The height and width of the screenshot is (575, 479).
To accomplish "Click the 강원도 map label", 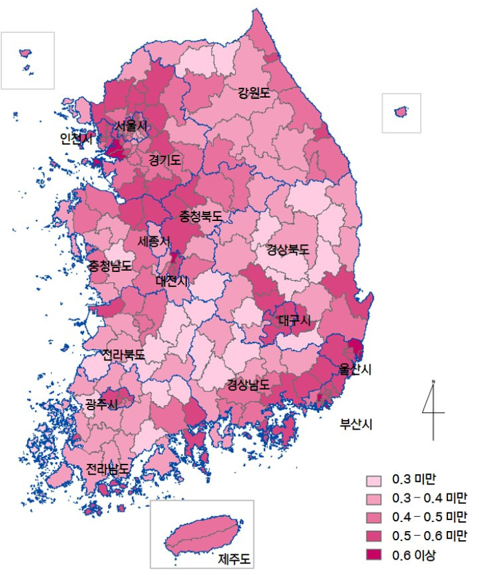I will tap(253, 93).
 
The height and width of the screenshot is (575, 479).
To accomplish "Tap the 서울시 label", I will tap(131, 126).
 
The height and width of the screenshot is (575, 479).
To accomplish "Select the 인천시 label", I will tap(76, 139).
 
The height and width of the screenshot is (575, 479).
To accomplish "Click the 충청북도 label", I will tap(200, 216).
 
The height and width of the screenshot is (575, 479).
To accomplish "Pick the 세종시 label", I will tap(154, 241).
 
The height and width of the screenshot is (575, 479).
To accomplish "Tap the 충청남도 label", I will tap(110, 266).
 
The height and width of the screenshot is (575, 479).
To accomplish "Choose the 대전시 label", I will tap(172, 281).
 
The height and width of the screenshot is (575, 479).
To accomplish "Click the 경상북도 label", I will tap(288, 250).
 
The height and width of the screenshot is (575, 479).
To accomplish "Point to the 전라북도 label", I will tap(123, 355).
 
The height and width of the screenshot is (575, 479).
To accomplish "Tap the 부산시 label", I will tap(357, 424).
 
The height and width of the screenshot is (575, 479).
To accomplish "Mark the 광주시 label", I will tap(101, 405).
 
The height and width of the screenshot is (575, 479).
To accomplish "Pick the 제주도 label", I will tap(234, 558).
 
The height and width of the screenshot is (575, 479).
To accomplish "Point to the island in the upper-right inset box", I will tap(402, 112).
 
